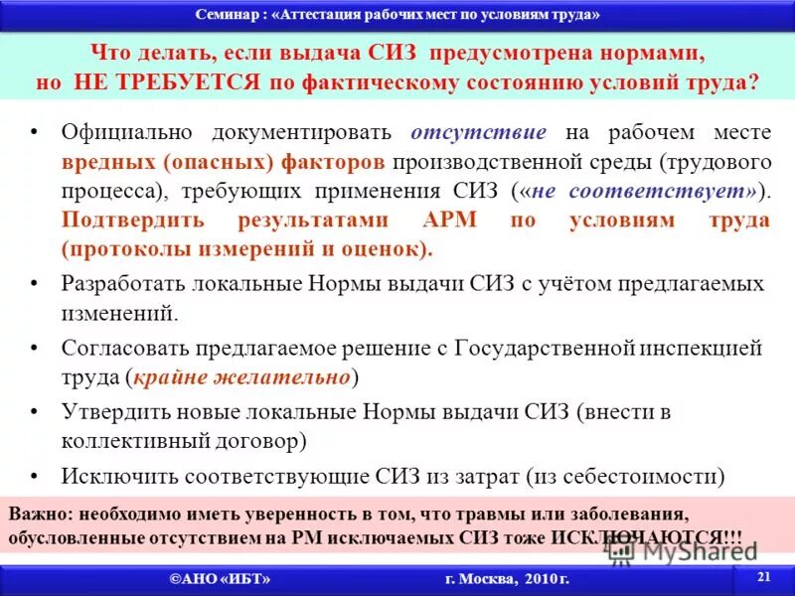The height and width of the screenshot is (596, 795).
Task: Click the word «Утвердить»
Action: coord(109,411)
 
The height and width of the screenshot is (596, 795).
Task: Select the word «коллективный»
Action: coord(134,440)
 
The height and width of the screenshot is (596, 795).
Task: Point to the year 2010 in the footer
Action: coord(534,578)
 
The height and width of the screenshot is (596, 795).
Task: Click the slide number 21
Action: coord(763,577)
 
